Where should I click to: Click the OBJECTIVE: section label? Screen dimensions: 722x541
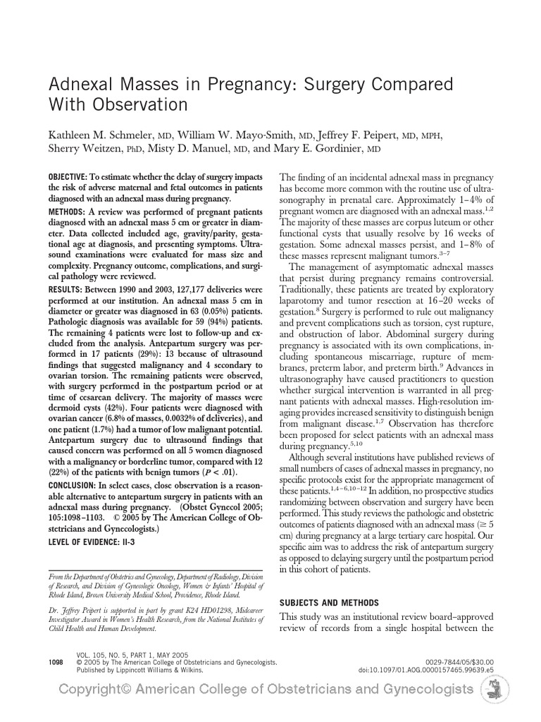point(67,176)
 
